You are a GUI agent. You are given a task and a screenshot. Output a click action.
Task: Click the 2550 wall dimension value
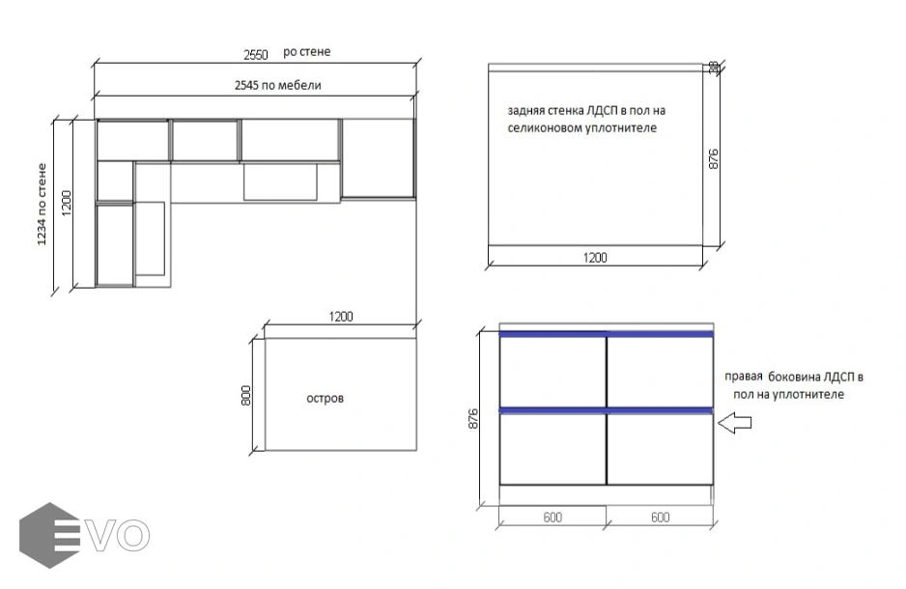255,55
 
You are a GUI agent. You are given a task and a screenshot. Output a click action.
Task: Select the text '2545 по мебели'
278,86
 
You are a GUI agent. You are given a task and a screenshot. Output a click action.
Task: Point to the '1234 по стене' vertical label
42,205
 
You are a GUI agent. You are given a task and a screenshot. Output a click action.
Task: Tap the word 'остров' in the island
325,399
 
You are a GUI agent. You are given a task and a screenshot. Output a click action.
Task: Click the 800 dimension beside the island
246,396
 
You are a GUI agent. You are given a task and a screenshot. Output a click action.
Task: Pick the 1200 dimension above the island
341,317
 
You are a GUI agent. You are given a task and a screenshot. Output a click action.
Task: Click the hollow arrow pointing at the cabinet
734,423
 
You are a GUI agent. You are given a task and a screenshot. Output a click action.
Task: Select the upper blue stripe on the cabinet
607,334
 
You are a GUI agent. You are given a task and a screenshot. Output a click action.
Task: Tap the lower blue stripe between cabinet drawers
607,410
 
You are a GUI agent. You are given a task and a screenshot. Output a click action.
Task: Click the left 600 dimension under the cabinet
552,518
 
